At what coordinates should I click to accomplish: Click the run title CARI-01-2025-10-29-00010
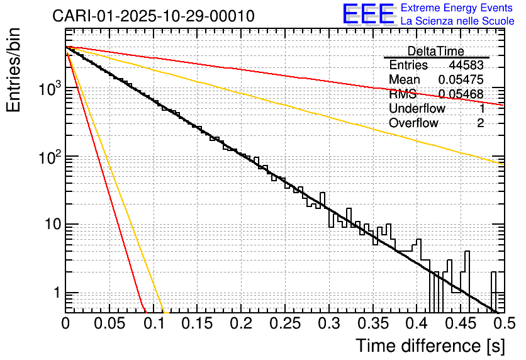154,16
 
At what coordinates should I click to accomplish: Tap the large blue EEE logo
368,15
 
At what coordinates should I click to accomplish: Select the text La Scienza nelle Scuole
457,21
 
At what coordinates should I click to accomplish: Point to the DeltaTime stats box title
436,51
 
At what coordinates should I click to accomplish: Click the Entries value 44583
466,65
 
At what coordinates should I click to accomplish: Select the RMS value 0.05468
461,94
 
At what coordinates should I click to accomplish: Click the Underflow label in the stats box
417,109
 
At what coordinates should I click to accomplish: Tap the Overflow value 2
480,123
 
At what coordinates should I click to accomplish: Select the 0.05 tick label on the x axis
109,323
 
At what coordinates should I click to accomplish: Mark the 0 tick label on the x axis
66,323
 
